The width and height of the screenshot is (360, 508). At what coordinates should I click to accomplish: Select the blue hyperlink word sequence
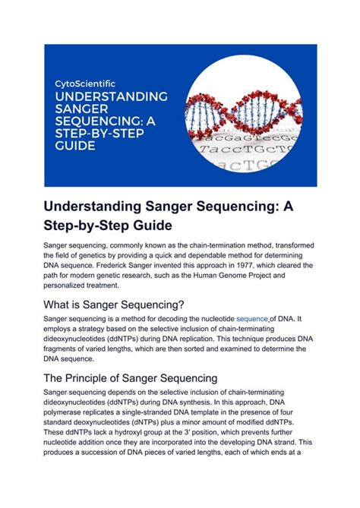[253, 319]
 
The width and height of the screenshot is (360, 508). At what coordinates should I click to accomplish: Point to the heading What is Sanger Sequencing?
[114, 304]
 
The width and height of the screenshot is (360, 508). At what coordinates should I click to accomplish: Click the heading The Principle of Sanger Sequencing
[131, 378]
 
